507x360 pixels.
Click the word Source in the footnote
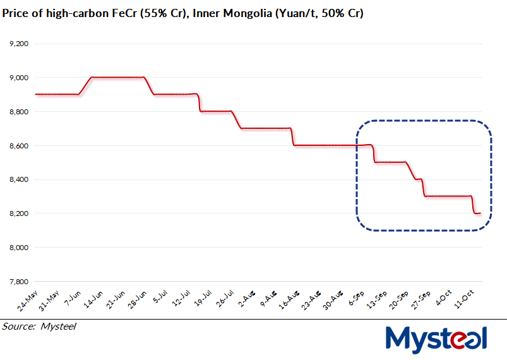coord(18,327)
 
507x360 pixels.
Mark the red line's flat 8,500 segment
coord(390,162)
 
